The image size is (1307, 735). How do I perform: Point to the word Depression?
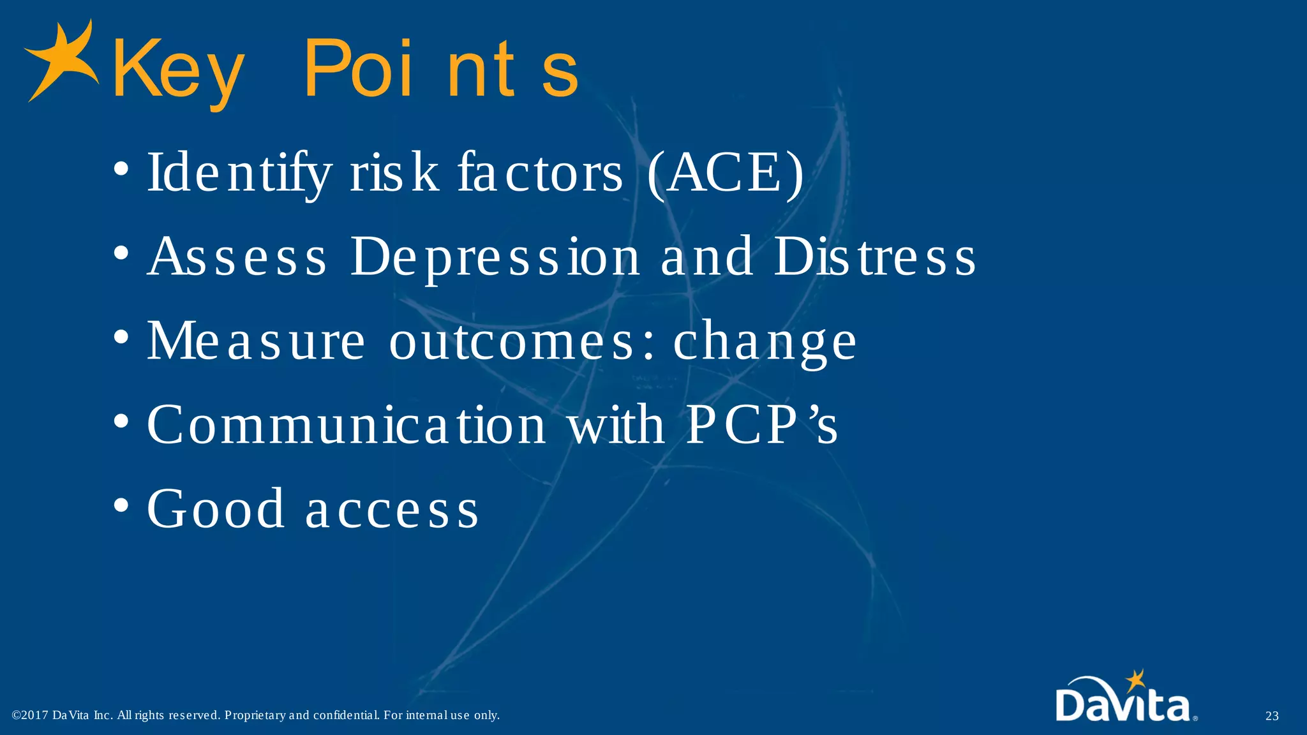coord(495,256)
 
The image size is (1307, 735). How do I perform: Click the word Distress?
coord(874,256)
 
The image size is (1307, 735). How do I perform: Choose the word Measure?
coord(256,341)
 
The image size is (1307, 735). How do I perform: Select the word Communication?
coord(347,425)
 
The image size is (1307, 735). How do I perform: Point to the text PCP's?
coord(761,425)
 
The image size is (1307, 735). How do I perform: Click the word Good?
coord(216,509)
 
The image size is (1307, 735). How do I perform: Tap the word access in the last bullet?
coord(392,510)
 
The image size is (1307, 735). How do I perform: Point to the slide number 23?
coord(1272,716)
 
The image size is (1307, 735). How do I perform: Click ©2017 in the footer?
coord(30,715)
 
